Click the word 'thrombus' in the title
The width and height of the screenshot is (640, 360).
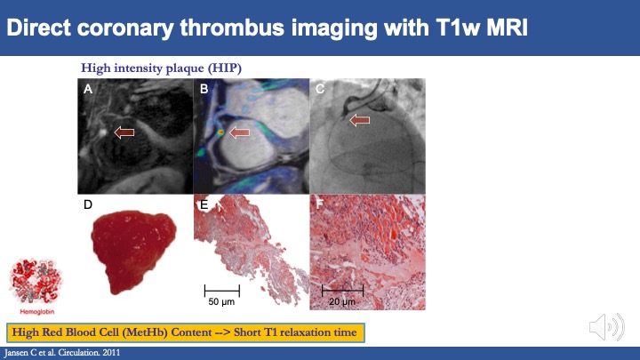pyautogui.click(x=232, y=28)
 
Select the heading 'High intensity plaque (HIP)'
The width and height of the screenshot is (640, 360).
pyautogui.click(x=161, y=68)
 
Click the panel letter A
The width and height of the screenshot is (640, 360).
pyautogui.click(x=88, y=89)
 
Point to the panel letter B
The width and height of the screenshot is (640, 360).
pyautogui.click(x=204, y=89)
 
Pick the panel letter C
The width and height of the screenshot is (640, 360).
pyautogui.click(x=320, y=89)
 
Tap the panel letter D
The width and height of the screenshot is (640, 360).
pyautogui.click(x=88, y=204)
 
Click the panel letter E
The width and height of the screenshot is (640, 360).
pyautogui.click(x=204, y=204)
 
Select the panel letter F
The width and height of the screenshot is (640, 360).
pyautogui.click(x=320, y=204)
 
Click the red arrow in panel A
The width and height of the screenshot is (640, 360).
pyautogui.click(x=124, y=132)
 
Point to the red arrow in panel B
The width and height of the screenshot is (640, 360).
pyautogui.click(x=240, y=132)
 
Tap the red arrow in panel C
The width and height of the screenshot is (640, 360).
pyautogui.click(x=360, y=120)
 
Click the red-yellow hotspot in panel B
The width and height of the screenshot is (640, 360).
pyautogui.click(x=220, y=132)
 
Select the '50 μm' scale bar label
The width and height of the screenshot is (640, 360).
pyautogui.click(x=221, y=302)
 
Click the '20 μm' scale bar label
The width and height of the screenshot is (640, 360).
pyautogui.click(x=342, y=302)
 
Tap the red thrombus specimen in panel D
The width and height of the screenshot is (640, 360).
pyautogui.click(x=132, y=249)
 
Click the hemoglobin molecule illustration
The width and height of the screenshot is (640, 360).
pyautogui.click(x=36, y=282)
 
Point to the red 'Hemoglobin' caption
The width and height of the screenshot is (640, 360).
pyautogui.click(x=37, y=312)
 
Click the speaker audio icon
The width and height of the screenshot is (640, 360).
pyautogui.click(x=607, y=326)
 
